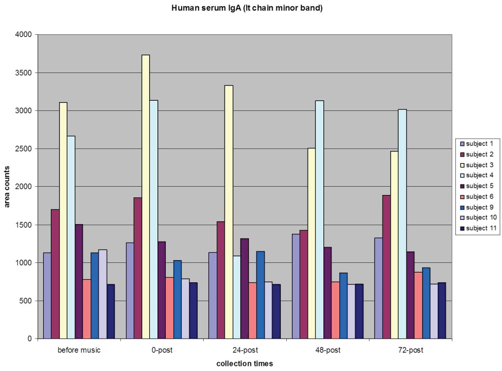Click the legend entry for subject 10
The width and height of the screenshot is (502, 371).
480,218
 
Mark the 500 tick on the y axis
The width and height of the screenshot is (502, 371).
26,301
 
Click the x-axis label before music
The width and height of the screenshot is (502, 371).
79,350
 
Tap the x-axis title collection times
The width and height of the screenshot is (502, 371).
244,364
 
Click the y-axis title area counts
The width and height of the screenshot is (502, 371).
7,187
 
